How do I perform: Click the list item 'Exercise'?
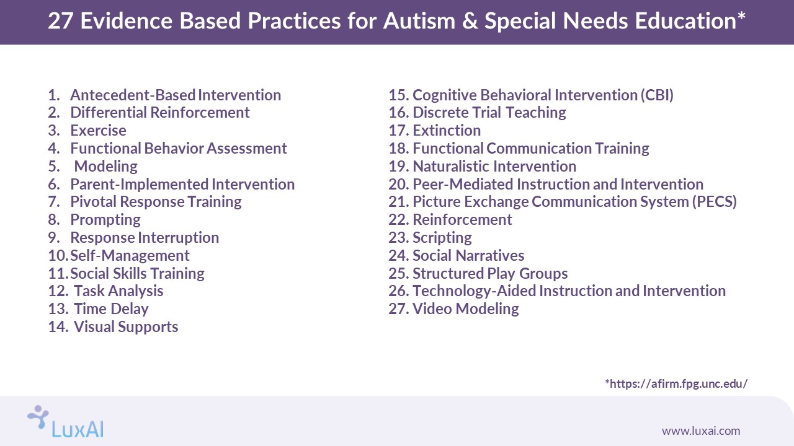[x=98, y=131]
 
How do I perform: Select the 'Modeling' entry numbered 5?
[x=105, y=167]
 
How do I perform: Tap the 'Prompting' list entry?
[x=105, y=220]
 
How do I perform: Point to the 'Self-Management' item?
[x=130, y=256]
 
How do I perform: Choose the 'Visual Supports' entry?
[x=126, y=327]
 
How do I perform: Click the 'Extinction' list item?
[x=447, y=131]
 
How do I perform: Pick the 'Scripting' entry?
[x=442, y=238]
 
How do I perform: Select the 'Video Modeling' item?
[x=465, y=309]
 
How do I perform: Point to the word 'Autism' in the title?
[x=417, y=22]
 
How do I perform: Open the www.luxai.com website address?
[x=700, y=431]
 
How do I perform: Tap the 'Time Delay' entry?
[x=111, y=309]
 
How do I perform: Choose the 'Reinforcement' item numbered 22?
[x=462, y=220]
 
